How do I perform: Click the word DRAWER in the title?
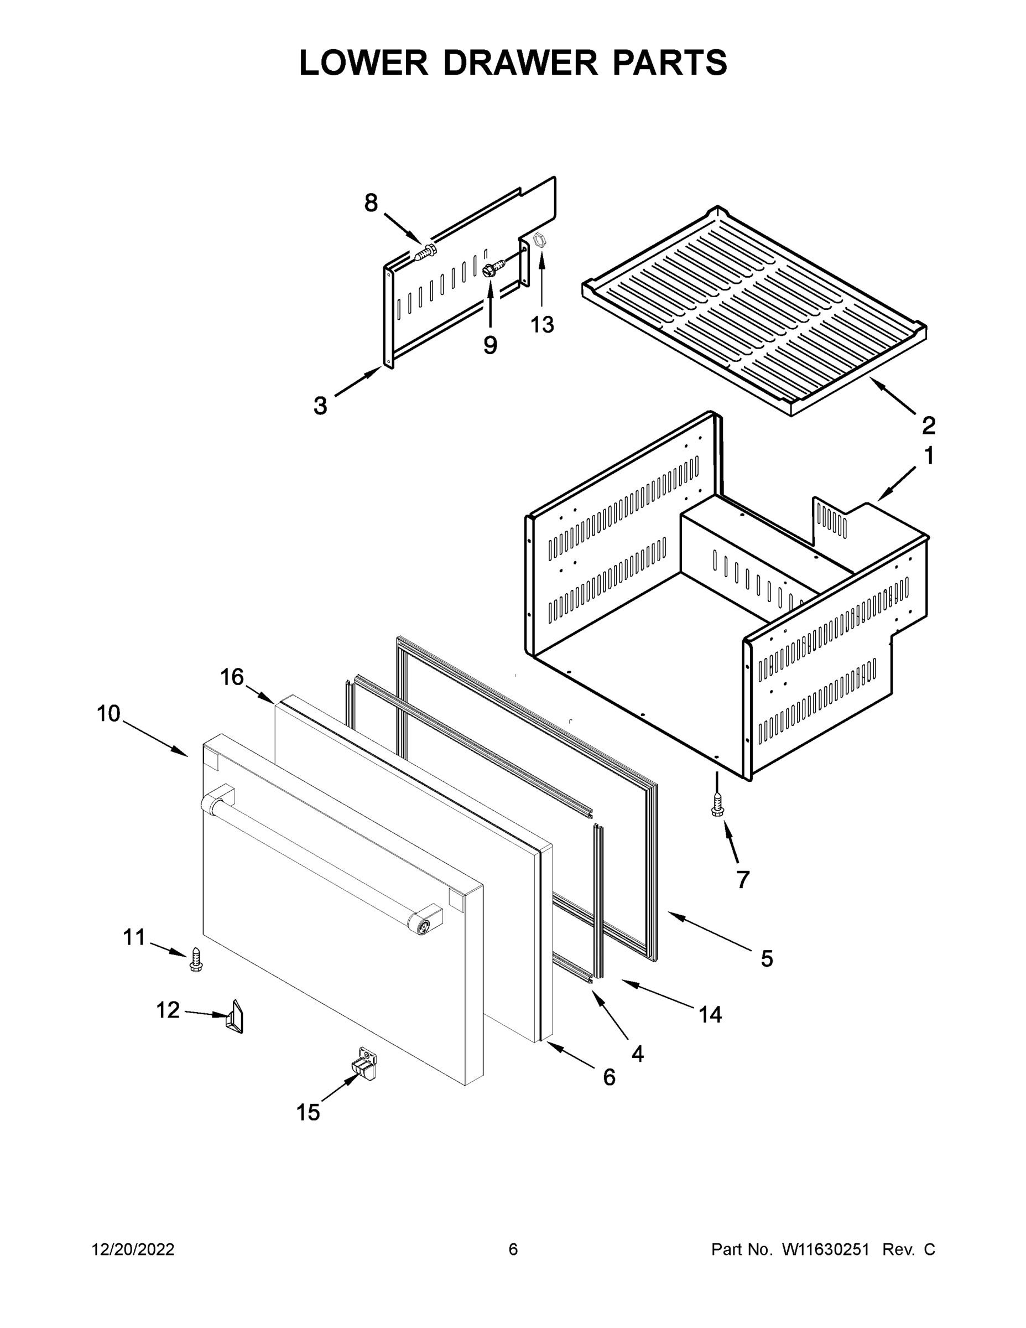(520, 63)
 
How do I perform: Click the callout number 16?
(232, 677)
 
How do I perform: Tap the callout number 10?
(109, 713)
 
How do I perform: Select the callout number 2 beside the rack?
(928, 426)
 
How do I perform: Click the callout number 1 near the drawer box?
(928, 456)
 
